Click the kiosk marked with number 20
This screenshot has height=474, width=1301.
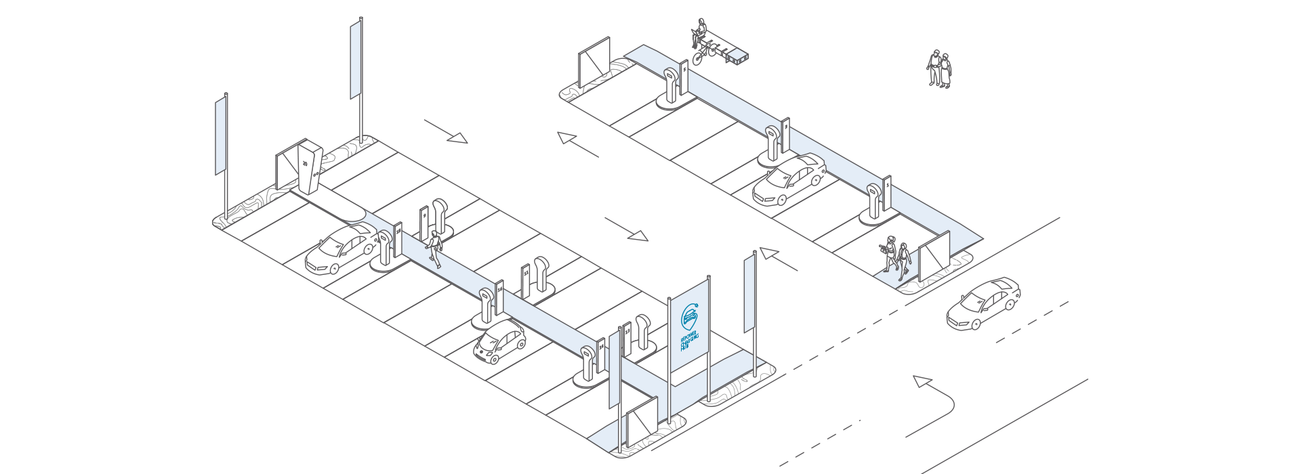point(308,166)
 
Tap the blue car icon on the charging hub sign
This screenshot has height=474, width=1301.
point(690,316)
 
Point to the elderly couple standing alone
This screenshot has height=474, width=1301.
point(939,69)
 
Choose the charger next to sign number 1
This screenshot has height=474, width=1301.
point(875,200)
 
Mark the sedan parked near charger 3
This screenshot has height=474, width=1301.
point(789,179)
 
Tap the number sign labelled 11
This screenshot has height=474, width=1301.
point(525,280)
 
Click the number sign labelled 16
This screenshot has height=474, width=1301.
point(499,297)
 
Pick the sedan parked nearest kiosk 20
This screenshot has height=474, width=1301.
point(341,249)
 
